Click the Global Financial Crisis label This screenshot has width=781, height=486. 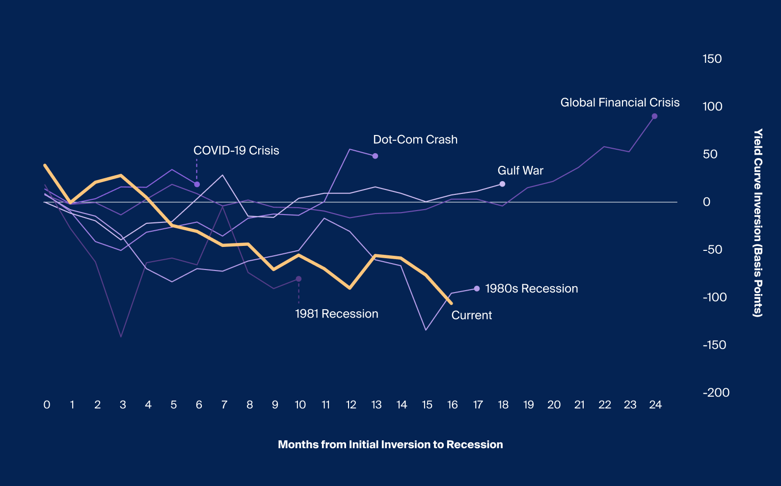click(x=619, y=103)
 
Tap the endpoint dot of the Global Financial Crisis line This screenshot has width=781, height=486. click(x=654, y=116)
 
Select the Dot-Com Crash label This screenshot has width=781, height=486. click(x=415, y=139)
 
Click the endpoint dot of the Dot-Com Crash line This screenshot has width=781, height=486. click(x=375, y=156)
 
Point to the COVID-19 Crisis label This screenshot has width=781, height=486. click(x=236, y=151)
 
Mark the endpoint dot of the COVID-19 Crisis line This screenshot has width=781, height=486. click(x=197, y=184)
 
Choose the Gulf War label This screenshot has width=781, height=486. click(x=520, y=170)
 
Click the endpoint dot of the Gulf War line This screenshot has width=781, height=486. click(x=502, y=184)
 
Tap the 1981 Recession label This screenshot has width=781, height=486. click(x=336, y=314)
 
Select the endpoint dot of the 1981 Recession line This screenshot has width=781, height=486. click(x=298, y=279)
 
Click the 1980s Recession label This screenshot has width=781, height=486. click(x=531, y=289)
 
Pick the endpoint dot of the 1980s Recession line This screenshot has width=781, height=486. click(x=477, y=289)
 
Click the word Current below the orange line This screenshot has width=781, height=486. click(x=471, y=315)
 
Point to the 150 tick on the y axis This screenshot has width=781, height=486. click(x=712, y=59)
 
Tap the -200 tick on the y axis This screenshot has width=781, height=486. click(x=716, y=393)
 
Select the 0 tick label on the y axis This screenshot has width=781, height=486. click(x=706, y=202)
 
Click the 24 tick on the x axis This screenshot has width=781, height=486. click(x=655, y=405)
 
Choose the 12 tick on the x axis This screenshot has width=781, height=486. click(x=351, y=405)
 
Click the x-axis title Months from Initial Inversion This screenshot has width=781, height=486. click(x=390, y=445)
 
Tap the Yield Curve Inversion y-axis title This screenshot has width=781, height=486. click(x=758, y=223)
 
